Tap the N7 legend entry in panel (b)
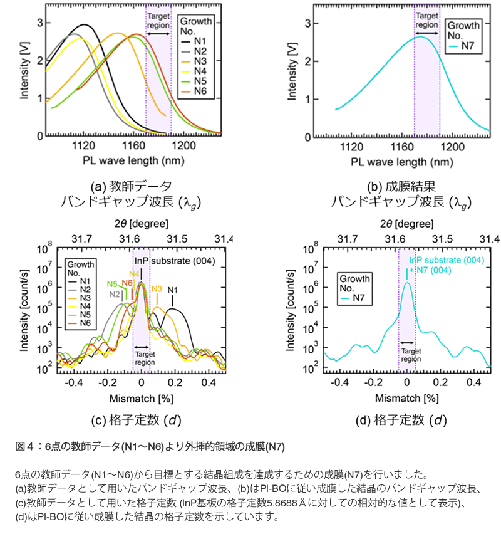coord(470,46)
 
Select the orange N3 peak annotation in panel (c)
coord(157,289)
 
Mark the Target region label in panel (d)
coord(410,355)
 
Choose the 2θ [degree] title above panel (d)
coord(406,224)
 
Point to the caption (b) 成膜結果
coord(401,186)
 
